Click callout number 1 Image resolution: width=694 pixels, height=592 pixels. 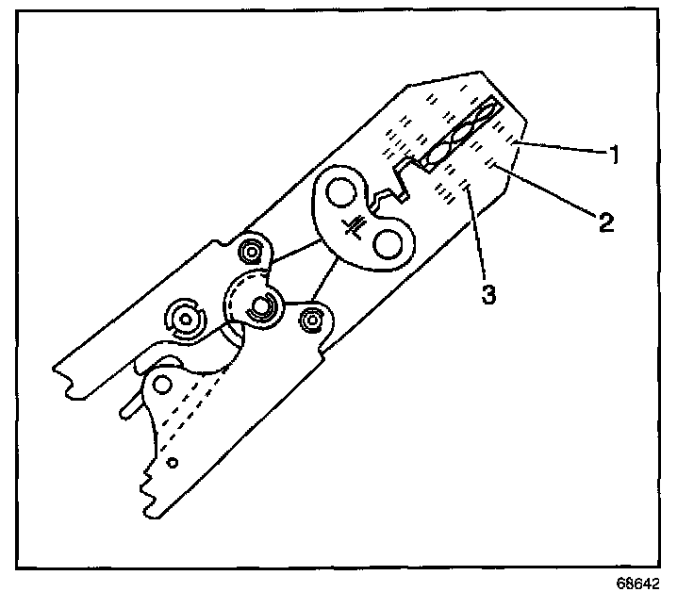pyautogui.click(x=614, y=154)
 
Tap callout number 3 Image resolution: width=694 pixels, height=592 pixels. pyautogui.click(x=487, y=293)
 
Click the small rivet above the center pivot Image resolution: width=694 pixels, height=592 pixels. pyautogui.click(x=252, y=253)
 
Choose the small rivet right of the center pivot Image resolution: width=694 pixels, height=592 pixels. pyautogui.click(x=309, y=321)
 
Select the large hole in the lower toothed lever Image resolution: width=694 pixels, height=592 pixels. pyautogui.click(x=164, y=384)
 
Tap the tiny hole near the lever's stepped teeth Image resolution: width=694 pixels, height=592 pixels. pyautogui.click(x=172, y=463)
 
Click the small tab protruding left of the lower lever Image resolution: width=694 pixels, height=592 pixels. pyautogui.click(x=128, y=407)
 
